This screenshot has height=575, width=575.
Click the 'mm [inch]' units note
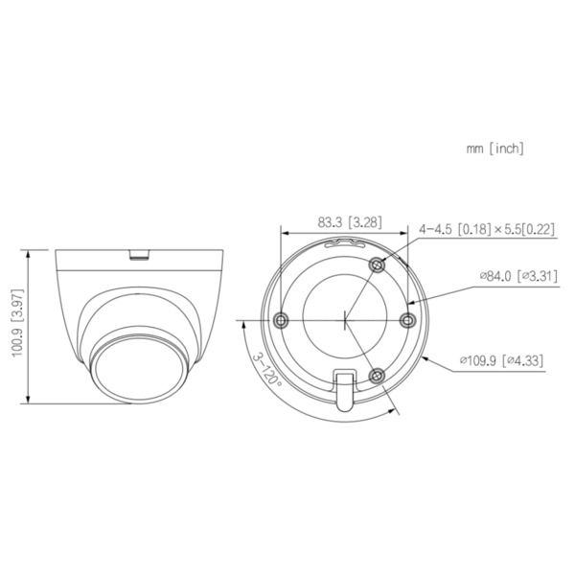pos(494,149)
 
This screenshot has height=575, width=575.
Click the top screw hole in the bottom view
pos(378,264)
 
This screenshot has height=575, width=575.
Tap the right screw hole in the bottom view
pos(407,318)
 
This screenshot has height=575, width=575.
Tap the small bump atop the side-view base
pos(140,254)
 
